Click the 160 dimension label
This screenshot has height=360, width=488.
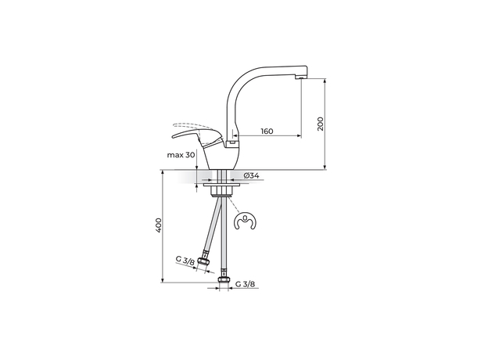point(267,131)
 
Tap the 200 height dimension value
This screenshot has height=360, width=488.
point(321,124)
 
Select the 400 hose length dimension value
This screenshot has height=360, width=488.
point(159,225)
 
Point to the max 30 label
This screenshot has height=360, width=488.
point(181,155)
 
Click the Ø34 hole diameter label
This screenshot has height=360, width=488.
point(252,175)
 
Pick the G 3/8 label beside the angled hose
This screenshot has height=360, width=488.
point(185,261)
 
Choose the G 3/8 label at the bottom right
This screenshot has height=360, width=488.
point(246,284)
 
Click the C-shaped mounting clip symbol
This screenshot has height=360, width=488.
point(245,221)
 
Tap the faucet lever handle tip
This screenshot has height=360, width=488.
point(173,136)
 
